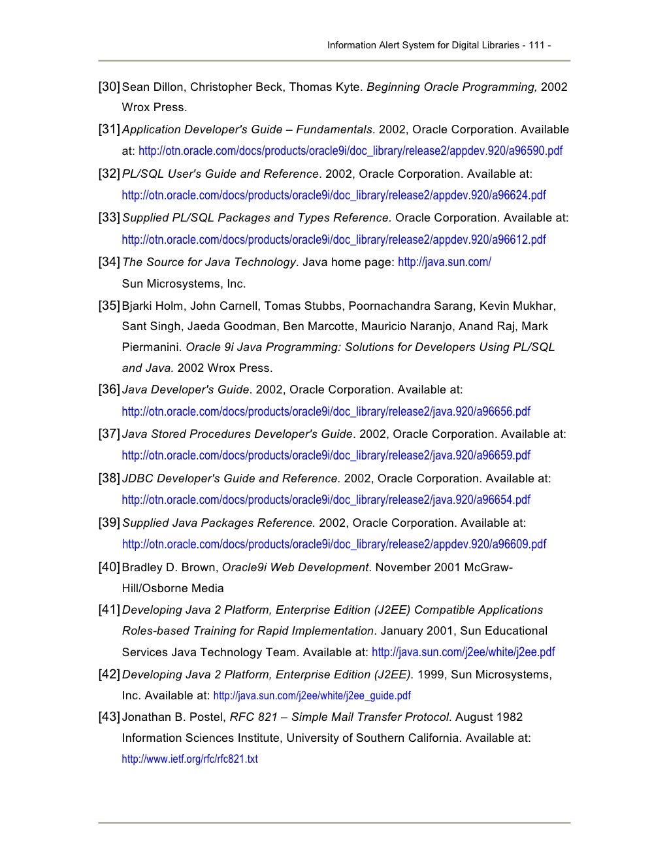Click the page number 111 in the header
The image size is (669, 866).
coord(538,46)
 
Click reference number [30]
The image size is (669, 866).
coord(109,87)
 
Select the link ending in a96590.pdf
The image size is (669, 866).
coord(350,151)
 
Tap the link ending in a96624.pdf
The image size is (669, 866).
coord(333,195)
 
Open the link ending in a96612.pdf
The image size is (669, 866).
coord(333,239)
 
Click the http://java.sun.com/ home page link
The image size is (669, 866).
coord(444,262)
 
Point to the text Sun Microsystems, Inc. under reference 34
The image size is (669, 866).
coord(184,284)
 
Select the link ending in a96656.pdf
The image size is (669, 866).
coord(325,411)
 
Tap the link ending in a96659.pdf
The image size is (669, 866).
coord(325,455)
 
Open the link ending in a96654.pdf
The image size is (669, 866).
coord(325,499)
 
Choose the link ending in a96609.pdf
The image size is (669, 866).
coord(334,544)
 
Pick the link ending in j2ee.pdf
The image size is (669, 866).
coord(463,652)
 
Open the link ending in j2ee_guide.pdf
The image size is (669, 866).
coord(312,696)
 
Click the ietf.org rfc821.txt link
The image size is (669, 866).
coord(189,759)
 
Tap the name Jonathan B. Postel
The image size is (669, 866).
coord(172,717)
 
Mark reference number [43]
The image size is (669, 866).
coord(109,717)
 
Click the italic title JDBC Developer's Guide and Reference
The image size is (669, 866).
coord(231,478)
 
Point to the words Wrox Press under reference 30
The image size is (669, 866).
coord(154,107)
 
